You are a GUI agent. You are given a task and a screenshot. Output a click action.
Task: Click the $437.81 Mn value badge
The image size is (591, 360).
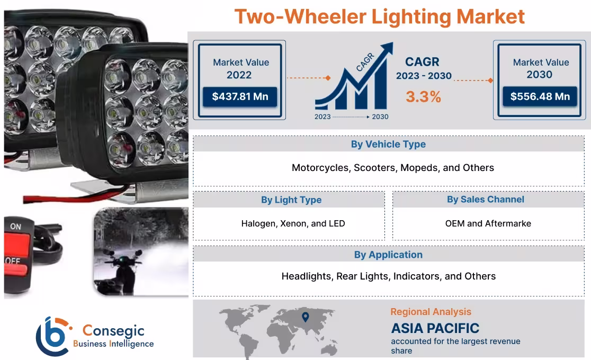click(240, 97)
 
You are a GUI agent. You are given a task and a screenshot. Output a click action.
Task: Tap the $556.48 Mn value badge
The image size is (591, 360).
click(540, 97)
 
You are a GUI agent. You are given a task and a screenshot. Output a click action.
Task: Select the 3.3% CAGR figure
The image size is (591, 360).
click(423, 97)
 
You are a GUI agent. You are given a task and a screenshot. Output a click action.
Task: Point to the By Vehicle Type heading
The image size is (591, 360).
click(388, 144)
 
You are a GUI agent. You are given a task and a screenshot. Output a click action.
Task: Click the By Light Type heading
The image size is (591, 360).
click(291, 200)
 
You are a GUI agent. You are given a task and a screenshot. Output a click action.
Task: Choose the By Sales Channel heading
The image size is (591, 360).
click(485, 199)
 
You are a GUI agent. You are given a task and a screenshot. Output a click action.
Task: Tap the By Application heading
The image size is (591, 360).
click(388, 255)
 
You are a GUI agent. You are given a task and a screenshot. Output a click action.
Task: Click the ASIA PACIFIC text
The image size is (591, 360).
click(435, 328)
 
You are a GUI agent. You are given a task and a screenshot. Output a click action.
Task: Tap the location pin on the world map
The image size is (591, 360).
click(305, 317)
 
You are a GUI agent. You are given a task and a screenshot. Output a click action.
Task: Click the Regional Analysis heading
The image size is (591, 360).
click(431, 312)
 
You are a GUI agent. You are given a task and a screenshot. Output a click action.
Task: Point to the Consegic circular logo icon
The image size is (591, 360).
click(53, 336)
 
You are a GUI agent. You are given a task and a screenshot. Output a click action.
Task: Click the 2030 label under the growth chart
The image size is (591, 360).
click(380, 116)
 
